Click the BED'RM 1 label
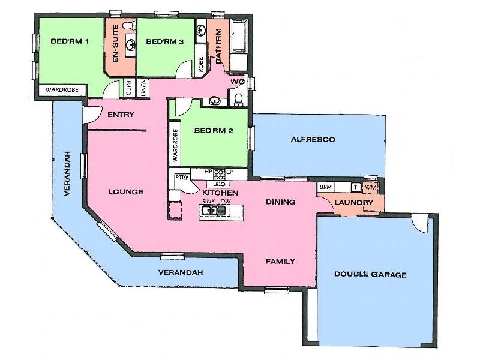tap(70, 41)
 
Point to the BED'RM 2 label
tap(214, 131)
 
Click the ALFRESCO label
tap(313, 139)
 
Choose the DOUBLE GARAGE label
tap(370, 275)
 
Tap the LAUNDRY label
tap(354, 203)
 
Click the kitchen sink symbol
tap(209, 211)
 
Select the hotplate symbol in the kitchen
tap(219, 175)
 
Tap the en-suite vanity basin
tap(130, 43)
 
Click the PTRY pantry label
tap(182, 178)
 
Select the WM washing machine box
tap(370, 188)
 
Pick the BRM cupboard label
tap(325, 188)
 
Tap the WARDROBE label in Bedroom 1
tap(63, 90)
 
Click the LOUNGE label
tap(126, 192)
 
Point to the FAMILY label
tap(280, 261)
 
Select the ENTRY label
tap(121, 115)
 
